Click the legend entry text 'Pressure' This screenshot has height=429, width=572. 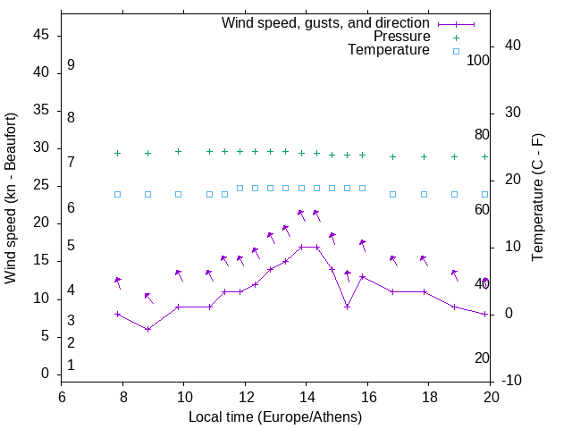click(x=401, y=37)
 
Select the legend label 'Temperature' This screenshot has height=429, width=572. click(x=389, y=50)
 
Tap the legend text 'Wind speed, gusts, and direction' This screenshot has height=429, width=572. click(x=325, y=22)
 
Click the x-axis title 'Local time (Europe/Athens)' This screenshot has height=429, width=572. click(x=276, y=416)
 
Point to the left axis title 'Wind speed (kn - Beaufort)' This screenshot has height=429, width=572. click(x=11, y=198)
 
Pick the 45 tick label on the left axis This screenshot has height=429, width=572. click(x=42, y=36)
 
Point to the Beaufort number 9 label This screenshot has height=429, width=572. click(x=71, y=65)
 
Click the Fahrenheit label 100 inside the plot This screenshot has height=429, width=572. click(x=478, y=60)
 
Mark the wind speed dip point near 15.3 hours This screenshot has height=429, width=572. click(x=347, y=307)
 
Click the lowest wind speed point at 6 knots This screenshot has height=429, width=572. click(x=148, y=329)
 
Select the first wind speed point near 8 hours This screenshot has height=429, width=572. click(x=117, y=314)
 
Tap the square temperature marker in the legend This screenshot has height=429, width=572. click(x=455, y=51)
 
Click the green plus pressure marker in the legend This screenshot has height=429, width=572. click(x=455, y=37)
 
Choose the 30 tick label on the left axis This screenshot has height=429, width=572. click(x=42, y=148)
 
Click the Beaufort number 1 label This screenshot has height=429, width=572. click(x=71, y=365)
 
